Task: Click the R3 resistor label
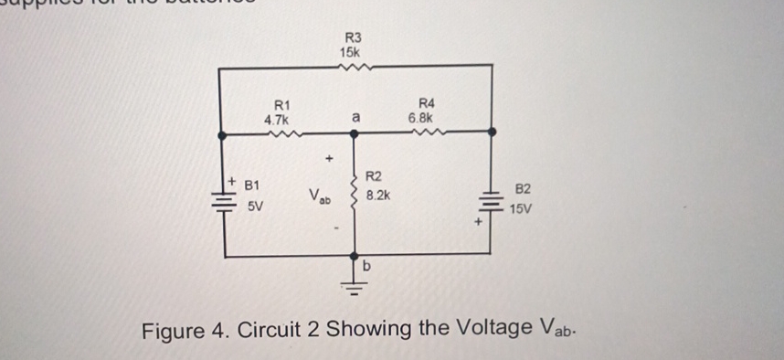pos(353,37)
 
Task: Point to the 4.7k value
pos(276,120)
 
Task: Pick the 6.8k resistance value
pos(425,118)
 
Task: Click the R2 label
pos(375,176)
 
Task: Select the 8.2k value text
pos(379,196)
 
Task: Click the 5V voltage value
pos(254,207)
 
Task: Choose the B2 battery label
pos(523,190)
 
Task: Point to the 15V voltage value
pos(523,209)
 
